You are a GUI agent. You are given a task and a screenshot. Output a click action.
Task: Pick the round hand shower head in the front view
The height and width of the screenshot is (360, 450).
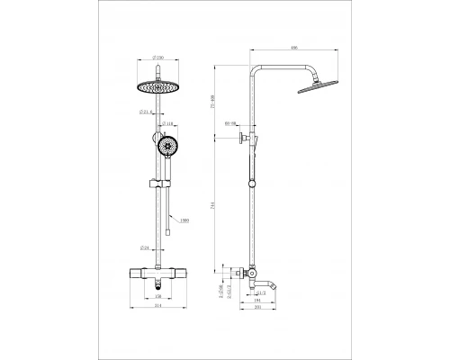[167, 147]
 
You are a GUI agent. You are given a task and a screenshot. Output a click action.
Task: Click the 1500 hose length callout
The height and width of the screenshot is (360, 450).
[184, 219]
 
